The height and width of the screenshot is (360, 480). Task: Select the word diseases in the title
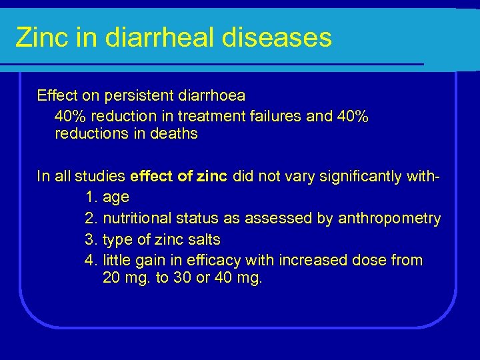[279, 37]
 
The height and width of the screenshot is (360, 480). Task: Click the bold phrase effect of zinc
[179, 177]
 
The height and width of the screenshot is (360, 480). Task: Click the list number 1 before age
[92, 197]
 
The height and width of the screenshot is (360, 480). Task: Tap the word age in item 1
[116, 198]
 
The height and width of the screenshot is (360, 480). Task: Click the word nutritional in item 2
[138, 219]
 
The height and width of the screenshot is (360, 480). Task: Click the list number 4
[92, 260]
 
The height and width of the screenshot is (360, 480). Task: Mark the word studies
[100, 177]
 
